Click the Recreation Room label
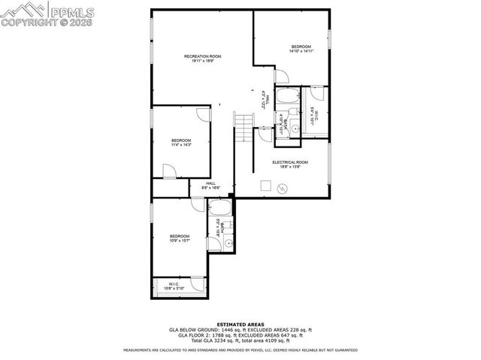click(203, 57)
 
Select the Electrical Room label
click(290, 162)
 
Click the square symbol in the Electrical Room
click(265, 184)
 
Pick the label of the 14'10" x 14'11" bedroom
click(301, 47)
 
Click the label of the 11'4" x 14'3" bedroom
click(181, 141)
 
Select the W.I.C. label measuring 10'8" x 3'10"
click(173, 284)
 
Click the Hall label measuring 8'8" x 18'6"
click(211, 183)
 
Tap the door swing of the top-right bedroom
click(283, 75)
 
